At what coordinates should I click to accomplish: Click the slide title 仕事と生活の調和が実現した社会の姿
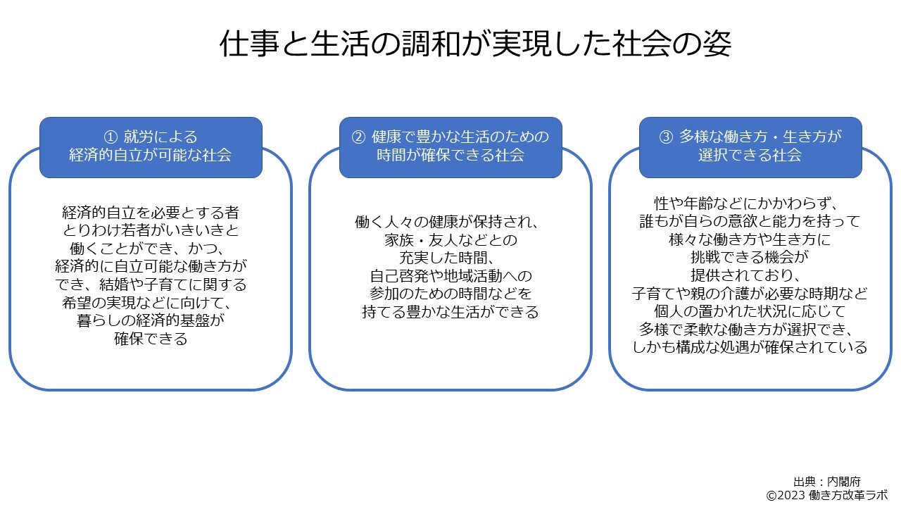(475, 44)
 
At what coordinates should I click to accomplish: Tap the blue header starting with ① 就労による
(151, 146)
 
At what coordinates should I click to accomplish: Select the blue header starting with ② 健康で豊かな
(450, 146)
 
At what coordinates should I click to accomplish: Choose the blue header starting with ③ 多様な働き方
(750, 146)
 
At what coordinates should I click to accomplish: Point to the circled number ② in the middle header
(358, 137)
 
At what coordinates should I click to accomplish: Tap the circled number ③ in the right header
(666, 137)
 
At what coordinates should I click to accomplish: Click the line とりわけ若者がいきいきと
(151, 230)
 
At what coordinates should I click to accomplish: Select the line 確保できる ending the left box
(151, 339)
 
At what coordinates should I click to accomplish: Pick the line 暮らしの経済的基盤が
(151, 321)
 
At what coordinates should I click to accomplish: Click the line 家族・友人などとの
(450, 240)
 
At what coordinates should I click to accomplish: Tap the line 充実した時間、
(450, 258)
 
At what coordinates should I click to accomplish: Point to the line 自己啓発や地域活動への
(450, 275)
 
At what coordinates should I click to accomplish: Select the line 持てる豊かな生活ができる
(450, 312)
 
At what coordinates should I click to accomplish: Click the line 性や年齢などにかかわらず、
(750, 204)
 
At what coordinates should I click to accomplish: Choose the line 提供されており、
(750, 275)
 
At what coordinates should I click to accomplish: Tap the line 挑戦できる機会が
(750, 258)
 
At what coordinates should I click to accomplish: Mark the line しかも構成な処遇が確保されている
(750, 347)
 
